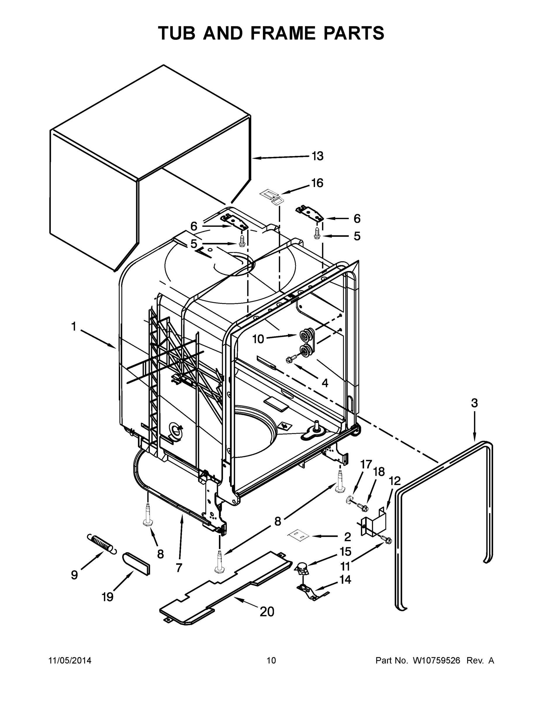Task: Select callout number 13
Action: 318,156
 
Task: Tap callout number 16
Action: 317,183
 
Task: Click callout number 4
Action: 325,383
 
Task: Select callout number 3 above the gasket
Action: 474,403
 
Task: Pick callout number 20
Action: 267,612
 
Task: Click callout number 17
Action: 366,465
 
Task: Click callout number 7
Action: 179,568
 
